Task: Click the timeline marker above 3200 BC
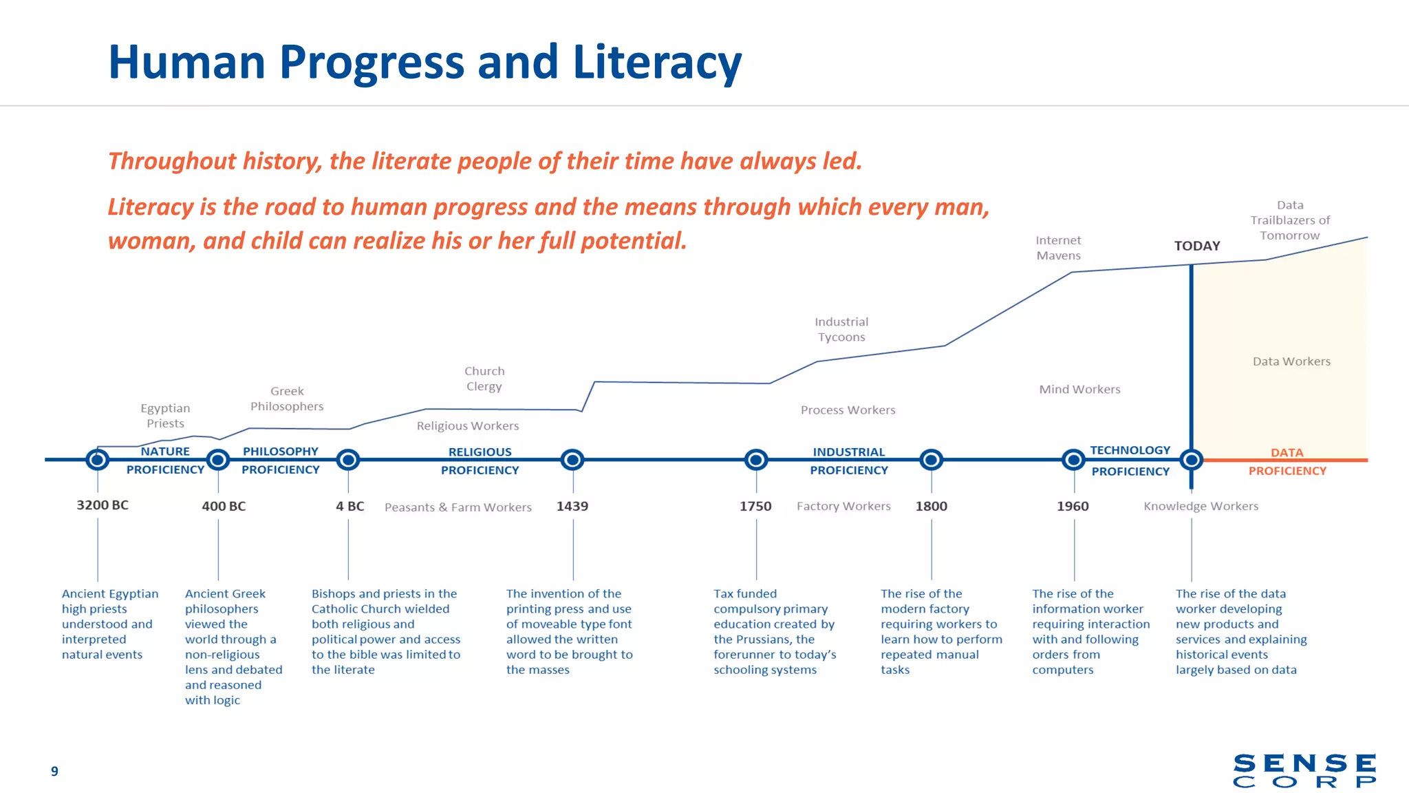98,459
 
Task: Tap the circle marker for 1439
572,459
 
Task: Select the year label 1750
755,506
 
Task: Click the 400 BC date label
224,506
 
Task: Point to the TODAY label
1197,246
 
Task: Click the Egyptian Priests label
165,416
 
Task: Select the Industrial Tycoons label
841,329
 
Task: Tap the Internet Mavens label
1058,248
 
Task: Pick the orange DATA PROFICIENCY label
1287,462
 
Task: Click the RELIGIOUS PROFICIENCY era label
480,461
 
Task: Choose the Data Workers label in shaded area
1291,361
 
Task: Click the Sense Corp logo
1304,770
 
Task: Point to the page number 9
54,771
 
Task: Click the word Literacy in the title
657,63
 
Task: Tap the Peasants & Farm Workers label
458,507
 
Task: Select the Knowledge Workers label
1201,506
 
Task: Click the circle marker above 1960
1073,459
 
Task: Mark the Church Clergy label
484,379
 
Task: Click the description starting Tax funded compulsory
775,631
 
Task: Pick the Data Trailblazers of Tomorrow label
1290,220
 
